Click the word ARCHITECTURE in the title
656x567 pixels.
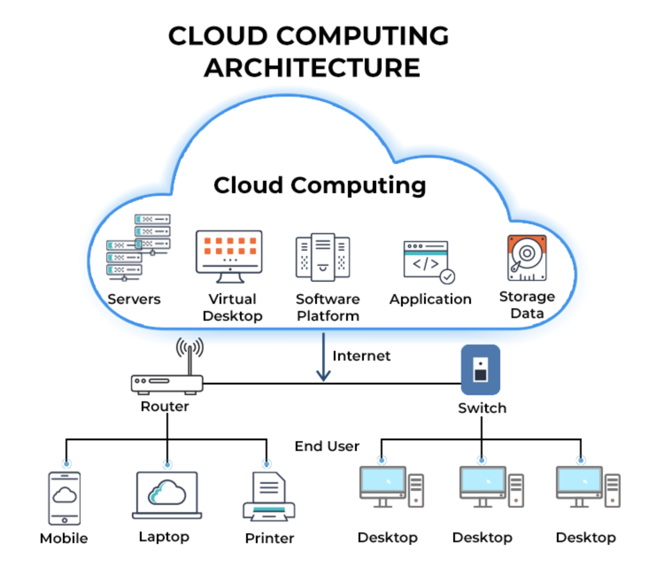(312, 68)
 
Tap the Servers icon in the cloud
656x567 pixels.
(138, 248)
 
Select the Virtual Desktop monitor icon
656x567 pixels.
(229, 256)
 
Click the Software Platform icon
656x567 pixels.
(323, 257)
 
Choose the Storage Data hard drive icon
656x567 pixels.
(527, 258)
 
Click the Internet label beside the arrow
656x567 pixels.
(361, 356)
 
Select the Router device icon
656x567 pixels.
(167, 384)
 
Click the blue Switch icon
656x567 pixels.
(481, 369)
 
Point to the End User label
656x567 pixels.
(327, 446)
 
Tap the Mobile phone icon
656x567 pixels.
(65, 498)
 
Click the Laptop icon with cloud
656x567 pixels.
(167, 495)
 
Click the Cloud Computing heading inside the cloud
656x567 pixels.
(320, 185)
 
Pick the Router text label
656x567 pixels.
(165, 406)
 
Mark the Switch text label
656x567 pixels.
(482, 408)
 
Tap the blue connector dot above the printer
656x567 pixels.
(266, 464)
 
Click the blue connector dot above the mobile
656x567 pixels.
(66, 464)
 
